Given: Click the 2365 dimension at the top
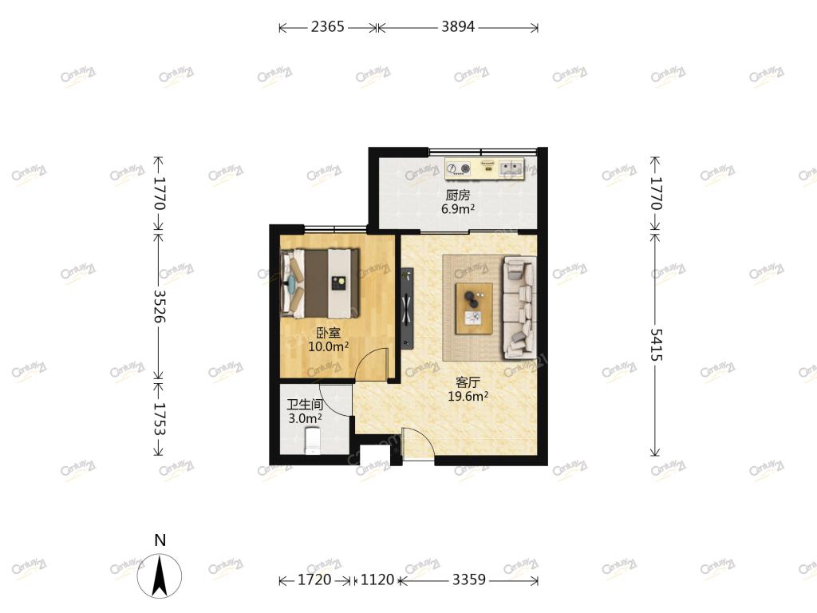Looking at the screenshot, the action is pyautogui.click(x=328, y=26).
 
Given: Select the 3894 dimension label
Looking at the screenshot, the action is pyautogui.click(x=458, y=26).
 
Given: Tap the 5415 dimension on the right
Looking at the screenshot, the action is pyautogui.click(x=656, y=345).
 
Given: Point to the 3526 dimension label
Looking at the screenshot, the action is pyautogui.click(x=159, y=306).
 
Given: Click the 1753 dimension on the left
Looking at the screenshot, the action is pyautogui.click(x=159, y=419).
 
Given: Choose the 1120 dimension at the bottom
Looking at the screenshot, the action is pyautogui.click(x=377, y=579).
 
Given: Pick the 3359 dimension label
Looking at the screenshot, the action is pyautogui.click(x=469, y=579).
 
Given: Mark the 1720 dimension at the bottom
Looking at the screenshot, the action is pyautogui.click(x=314, y=579).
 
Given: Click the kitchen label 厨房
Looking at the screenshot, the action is pyautogui.click(x=457, y=196).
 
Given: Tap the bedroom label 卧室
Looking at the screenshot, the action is pyautogui.click(x=328, y=333).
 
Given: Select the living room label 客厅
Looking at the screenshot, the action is pyautogui.click(x=468, y=382).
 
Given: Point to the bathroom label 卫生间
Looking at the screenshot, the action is pyautogui.click(x=305, y=405).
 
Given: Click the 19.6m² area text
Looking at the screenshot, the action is pyautogui.click(x=468, y=396).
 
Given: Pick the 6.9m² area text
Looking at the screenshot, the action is pyautogui.click(x=457, y=210).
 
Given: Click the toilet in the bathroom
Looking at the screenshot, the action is pyautogui.click(x=312, y=441).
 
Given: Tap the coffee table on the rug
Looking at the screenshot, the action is pyautogui.click(x=474, y=309).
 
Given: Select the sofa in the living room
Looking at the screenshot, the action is pyautogui.click(x=519, y=307).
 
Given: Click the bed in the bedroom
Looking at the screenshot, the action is pyautogui.click(x=320, y=283).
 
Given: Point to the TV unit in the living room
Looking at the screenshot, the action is pyautogui.click(x=407, y=308).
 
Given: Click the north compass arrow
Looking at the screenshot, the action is pyautogui.click(x=160, y=575).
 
